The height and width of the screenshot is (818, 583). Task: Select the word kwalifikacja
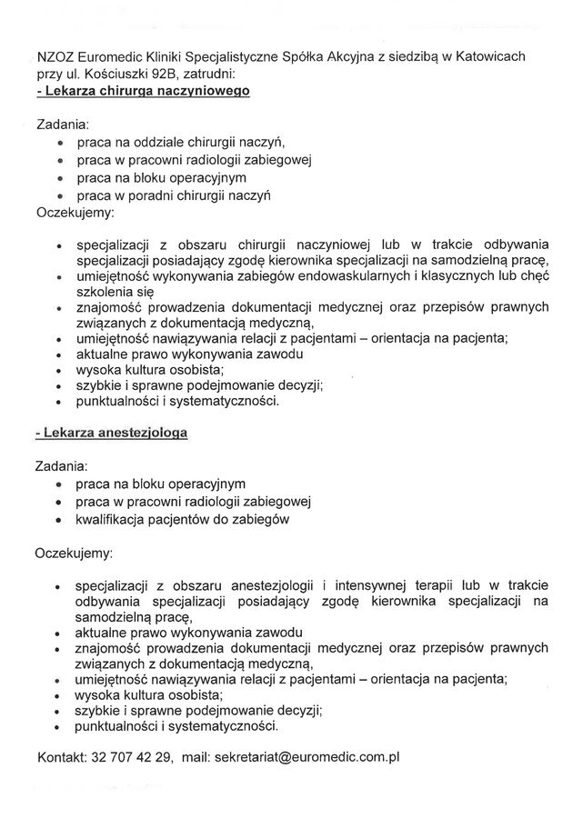click(x=115, y=519)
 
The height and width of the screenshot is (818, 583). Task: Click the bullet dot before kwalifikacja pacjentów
click(x=60, y=520)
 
